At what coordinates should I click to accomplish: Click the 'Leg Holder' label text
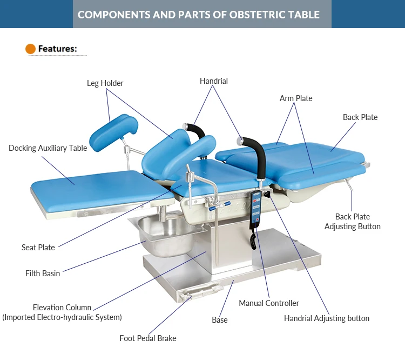(x=105, y=83)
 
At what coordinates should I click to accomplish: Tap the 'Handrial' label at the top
(x=214, y=81)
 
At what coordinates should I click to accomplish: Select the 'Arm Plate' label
(x=296, y=98)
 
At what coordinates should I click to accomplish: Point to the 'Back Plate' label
(x=360, y=117)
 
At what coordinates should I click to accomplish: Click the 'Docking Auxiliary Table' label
(x=48, y=148)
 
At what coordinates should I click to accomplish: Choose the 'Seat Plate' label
(x=38, y=248)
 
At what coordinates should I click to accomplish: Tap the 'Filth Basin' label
(x=43, y=274)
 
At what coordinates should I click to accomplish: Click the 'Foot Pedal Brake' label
(x=147, y=338)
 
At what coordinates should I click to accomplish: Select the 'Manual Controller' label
(x=269, y=303)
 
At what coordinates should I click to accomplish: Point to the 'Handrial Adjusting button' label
(x=327, y=318)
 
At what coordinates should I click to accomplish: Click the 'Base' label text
(x=220, y=320)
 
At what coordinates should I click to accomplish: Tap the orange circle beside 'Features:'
(x=31, y=49)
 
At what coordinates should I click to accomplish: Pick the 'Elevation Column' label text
(x=62, y=307)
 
